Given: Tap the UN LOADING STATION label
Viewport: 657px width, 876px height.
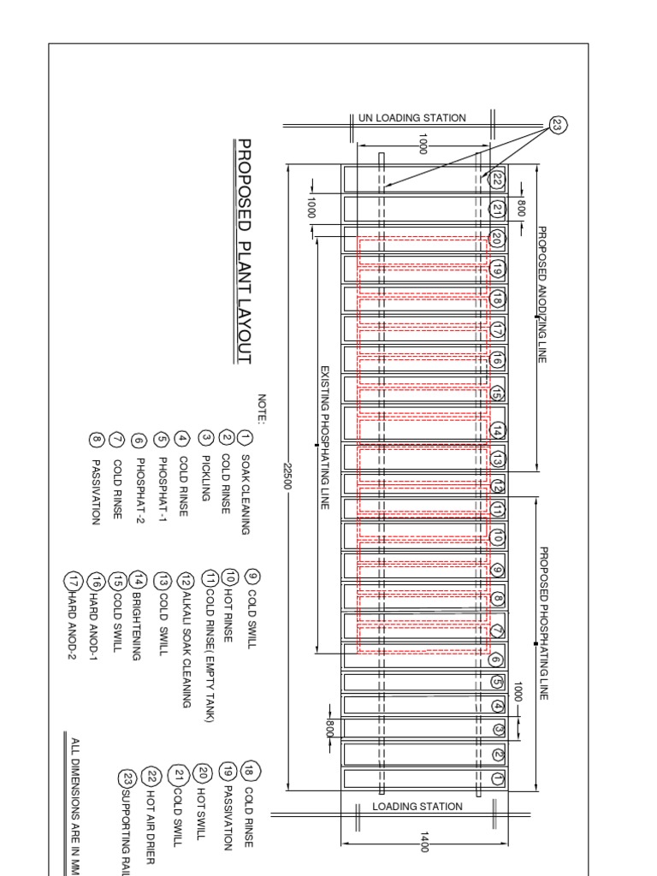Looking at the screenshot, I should [412, 118].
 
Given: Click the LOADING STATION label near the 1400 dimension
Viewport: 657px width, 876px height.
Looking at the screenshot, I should [417, 807].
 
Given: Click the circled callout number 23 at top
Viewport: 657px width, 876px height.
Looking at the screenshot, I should [559, 125].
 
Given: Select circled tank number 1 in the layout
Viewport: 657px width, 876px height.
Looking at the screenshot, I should [498, 778].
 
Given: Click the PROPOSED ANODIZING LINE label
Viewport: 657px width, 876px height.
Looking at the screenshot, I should [542, 295].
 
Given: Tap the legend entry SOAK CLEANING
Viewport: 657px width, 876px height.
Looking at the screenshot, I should [245, 493].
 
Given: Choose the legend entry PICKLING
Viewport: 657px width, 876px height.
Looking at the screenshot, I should [205, 465].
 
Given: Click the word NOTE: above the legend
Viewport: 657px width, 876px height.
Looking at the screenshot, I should [262, 408].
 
